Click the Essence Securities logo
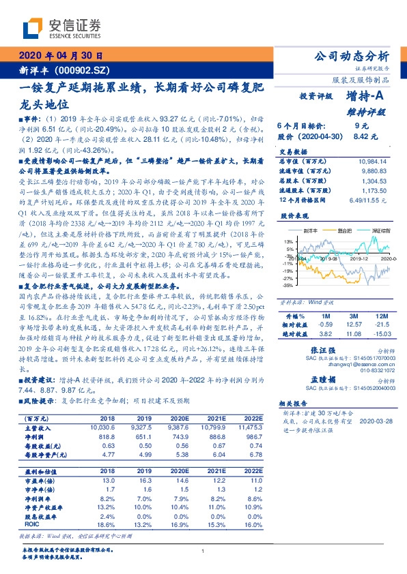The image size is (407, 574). pyautogui.click(x=61, y=28)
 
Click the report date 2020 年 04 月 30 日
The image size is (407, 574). pyautogui.click(x=61, y=57)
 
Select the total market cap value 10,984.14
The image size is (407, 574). pyautogui.click(x=372, y=160)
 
